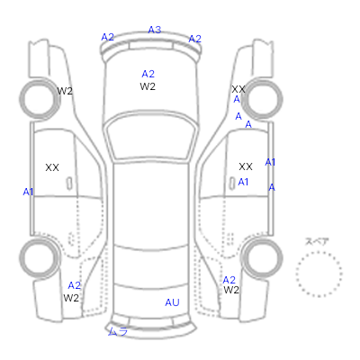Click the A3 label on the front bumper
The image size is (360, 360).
point(155,30)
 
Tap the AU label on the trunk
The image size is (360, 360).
point(172,302)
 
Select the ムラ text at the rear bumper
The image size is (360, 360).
point(118,331)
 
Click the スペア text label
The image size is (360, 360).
point(317,242)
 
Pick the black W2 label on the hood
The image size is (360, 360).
point(148,86)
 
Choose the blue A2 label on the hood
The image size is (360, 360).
point(148,74)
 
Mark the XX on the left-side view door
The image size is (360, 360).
point(52,167)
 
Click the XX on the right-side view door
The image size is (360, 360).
point(246,166)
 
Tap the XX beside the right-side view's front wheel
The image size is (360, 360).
point(238,89)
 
